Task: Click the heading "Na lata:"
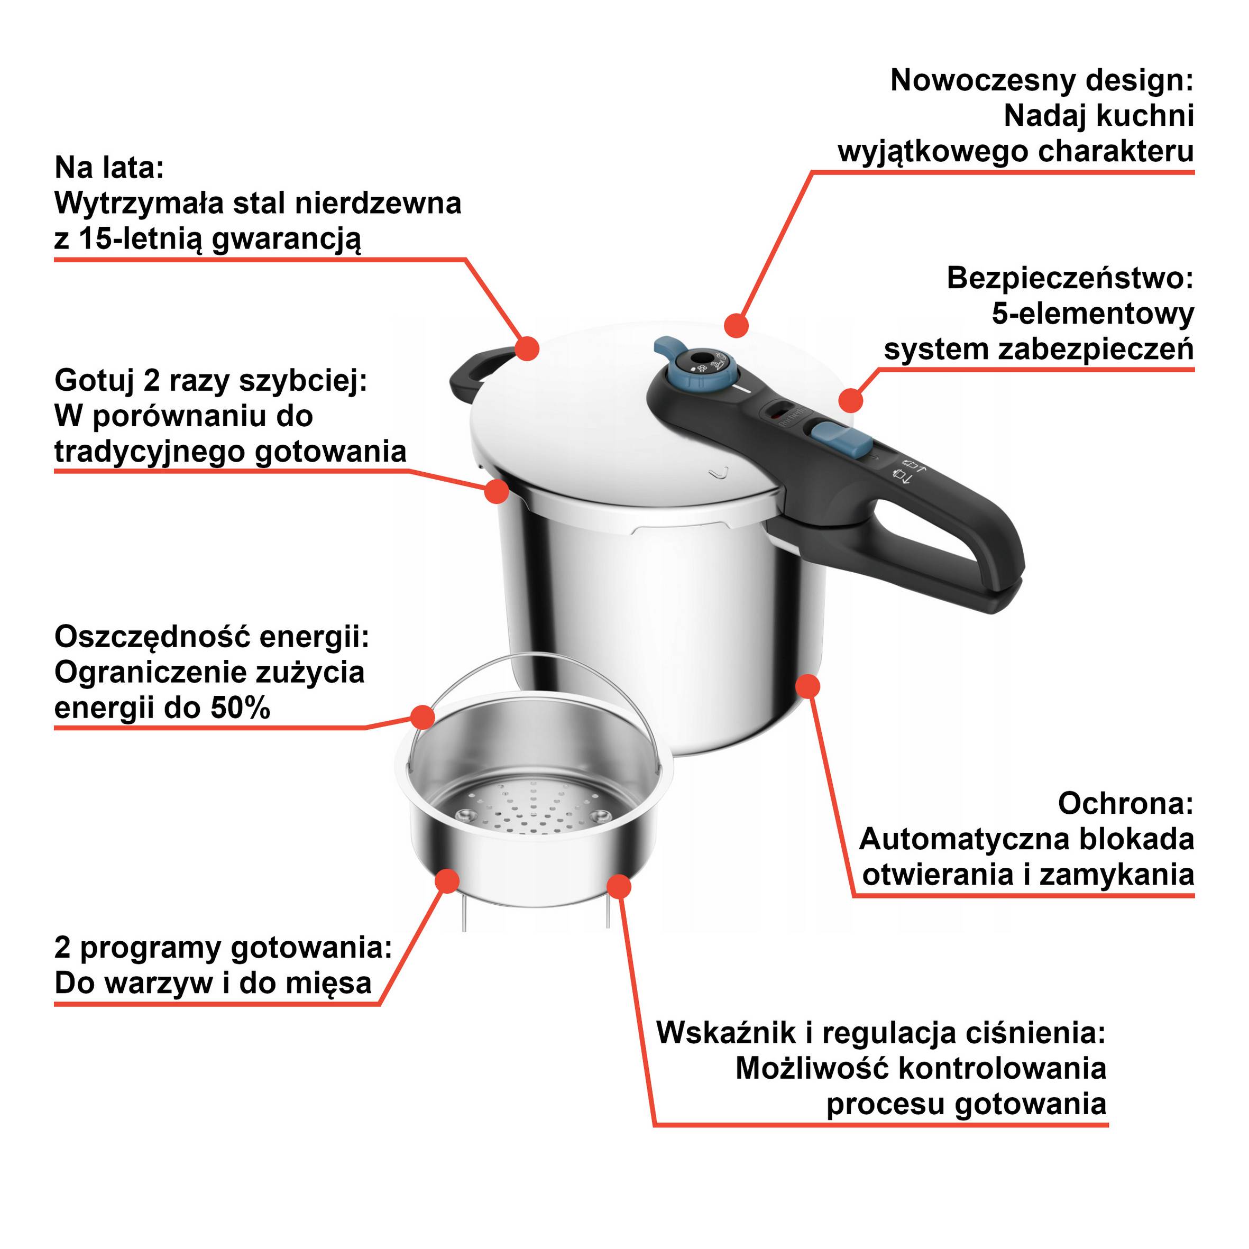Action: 109,168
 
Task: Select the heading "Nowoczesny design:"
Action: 1041,81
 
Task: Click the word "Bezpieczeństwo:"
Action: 1069,279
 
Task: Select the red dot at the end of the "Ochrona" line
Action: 807,686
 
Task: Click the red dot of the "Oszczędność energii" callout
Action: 423,717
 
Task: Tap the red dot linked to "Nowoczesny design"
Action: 737,325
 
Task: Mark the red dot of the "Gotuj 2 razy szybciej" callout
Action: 497,491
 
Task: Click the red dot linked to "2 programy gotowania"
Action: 447,881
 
